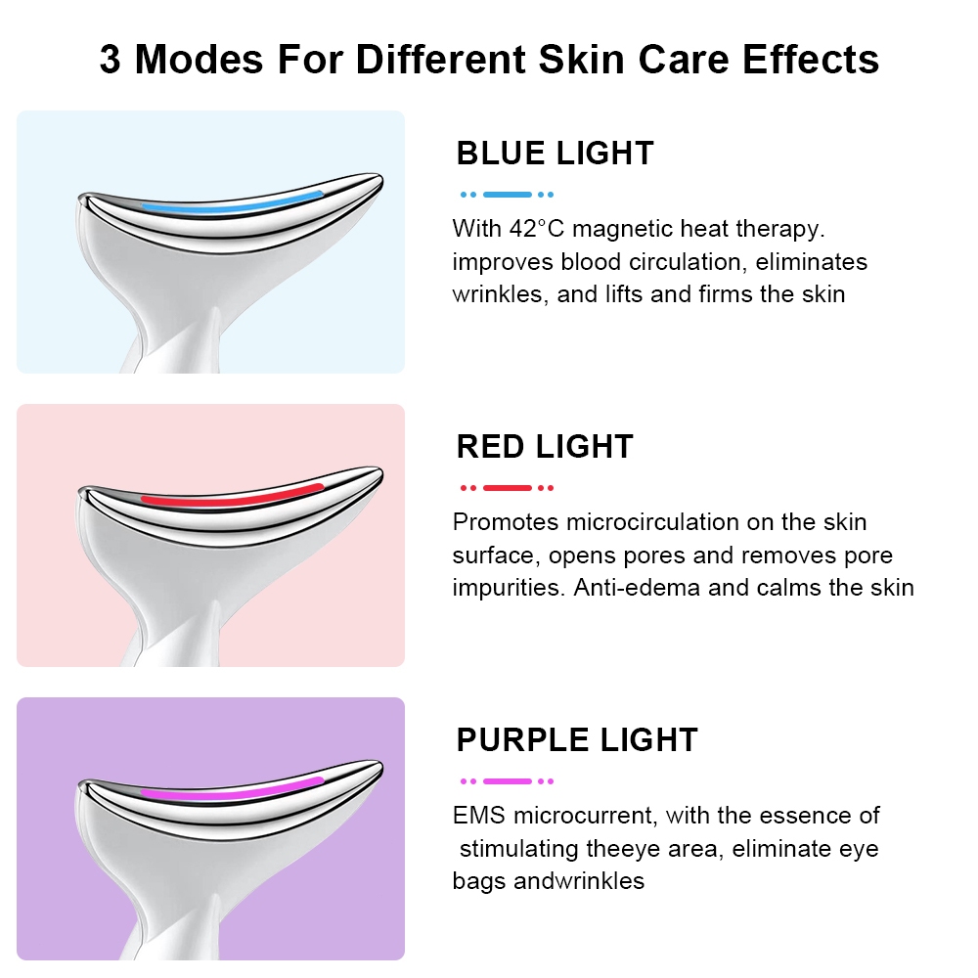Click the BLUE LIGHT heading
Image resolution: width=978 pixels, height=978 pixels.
[555, 154]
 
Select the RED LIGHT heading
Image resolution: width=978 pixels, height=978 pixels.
[545, 447]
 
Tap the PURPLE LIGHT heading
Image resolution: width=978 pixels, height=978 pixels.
[577, 739]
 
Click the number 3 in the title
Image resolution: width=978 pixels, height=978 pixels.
[110, 60]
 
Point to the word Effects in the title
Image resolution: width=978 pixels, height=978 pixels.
[810, 60]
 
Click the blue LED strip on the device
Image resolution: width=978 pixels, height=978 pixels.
[232, 204]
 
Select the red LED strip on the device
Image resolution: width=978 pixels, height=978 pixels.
[232, 497]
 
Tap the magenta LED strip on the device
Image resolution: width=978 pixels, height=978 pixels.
[232, 790]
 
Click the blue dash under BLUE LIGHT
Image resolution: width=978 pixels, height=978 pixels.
[507, 195]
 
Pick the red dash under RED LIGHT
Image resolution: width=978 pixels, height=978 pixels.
[507, 488]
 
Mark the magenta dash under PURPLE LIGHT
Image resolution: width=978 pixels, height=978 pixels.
[507, 780]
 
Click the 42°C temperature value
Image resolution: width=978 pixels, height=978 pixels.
[536, 229]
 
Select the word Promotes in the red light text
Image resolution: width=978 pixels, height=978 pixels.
[506, 522]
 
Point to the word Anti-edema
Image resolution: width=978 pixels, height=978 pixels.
[637, 588]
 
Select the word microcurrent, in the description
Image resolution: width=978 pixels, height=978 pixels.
[585, 816]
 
